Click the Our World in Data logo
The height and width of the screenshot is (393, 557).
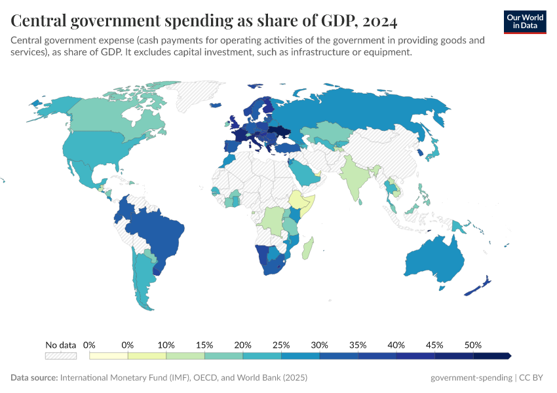(525, 22)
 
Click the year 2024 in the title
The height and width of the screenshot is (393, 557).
(378, 22)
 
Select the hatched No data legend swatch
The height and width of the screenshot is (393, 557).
(61, 356)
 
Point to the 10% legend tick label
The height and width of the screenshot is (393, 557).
(166, 345)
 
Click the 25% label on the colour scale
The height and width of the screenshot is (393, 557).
(281, 345)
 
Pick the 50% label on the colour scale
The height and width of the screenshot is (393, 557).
(473, 345)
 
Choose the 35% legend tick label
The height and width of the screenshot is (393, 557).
(358, 345)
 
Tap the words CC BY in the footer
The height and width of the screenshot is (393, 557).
(533, 378)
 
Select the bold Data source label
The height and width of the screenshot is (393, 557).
(34, 378)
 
